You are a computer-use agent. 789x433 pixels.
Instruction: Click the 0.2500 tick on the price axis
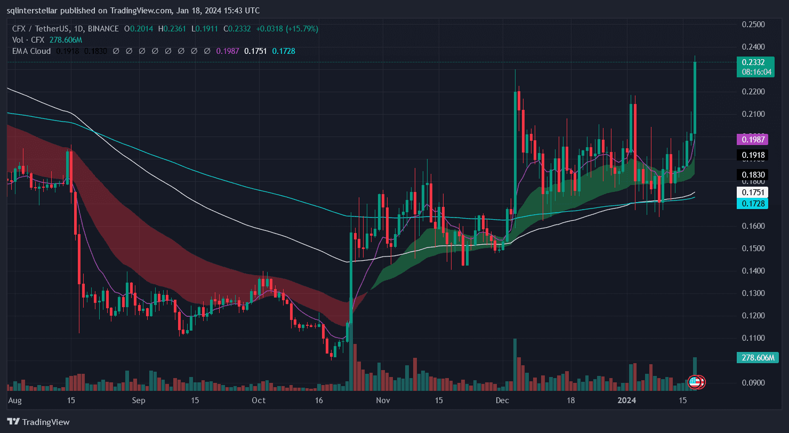coord(754,25)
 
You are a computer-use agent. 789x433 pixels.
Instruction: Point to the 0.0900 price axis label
coord(754,383)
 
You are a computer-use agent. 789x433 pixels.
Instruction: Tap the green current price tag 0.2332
coord(754,62)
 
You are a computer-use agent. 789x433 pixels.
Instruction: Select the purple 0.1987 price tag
coord(752,140)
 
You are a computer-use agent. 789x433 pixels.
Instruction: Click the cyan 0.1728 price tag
coord(752,204)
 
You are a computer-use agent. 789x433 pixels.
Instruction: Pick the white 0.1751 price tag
coord(752,193)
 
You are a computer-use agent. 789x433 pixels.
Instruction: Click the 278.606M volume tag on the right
coord(754,357)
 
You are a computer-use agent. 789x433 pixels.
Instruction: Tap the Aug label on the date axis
coord(15,400)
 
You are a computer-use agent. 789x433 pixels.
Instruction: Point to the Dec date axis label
coord(502,400)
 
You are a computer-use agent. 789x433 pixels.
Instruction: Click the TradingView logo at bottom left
coord(38,422)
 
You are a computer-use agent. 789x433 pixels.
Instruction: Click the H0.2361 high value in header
coord(175,29)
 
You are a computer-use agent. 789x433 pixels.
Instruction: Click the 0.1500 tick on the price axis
coord(754,248)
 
